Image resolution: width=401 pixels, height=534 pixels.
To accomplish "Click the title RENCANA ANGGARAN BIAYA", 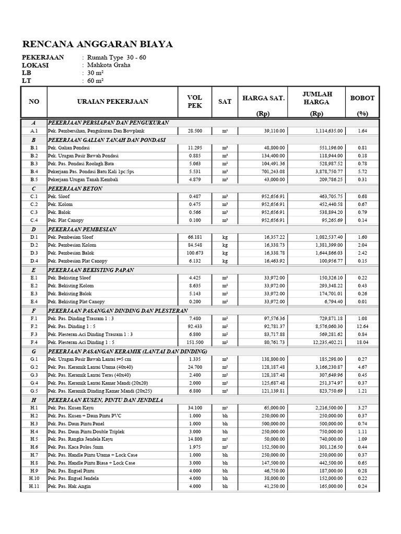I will coord(98,44).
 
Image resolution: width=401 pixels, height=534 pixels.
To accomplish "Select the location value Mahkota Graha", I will coord(109,65).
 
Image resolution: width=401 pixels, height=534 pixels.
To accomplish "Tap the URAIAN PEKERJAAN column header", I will coord(112,102).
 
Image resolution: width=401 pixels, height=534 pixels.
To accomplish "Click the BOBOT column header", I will coord(362,98).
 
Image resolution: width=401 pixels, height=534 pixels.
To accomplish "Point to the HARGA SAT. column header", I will coord(263,98).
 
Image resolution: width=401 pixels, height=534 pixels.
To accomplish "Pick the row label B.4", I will coord(34,171).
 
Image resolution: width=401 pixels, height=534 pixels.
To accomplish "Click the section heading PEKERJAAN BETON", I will coord(75,188).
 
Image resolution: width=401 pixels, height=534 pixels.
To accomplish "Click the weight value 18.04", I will coord(362,343).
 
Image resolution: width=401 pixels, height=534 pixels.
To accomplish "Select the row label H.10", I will coord(34,478).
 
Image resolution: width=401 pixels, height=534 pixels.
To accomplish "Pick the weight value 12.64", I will coord(362,326).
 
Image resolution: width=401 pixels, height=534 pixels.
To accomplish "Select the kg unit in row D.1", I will coord(225,237).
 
